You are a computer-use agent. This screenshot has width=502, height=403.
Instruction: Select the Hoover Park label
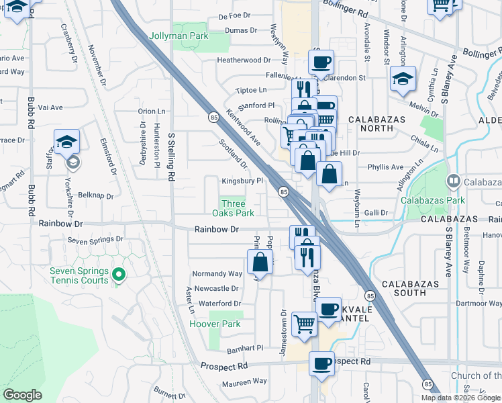[x=214, y=324]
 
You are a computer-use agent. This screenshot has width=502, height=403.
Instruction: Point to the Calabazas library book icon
[x=454, y=181]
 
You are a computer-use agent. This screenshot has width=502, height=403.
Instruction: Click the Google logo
[x=22, y=395]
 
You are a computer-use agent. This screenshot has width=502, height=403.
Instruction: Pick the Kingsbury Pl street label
[x=242, y=181]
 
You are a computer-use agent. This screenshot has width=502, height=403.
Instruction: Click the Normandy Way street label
[x=217, y=274]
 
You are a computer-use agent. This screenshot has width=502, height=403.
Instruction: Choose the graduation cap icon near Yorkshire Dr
[x=67, y=142]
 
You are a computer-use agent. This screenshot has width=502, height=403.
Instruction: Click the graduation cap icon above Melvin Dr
[x=403, y=79]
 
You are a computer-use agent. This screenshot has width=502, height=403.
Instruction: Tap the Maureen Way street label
[x=244, y=381]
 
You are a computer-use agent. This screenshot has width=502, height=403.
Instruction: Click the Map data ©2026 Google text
[x=460, y=397]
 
